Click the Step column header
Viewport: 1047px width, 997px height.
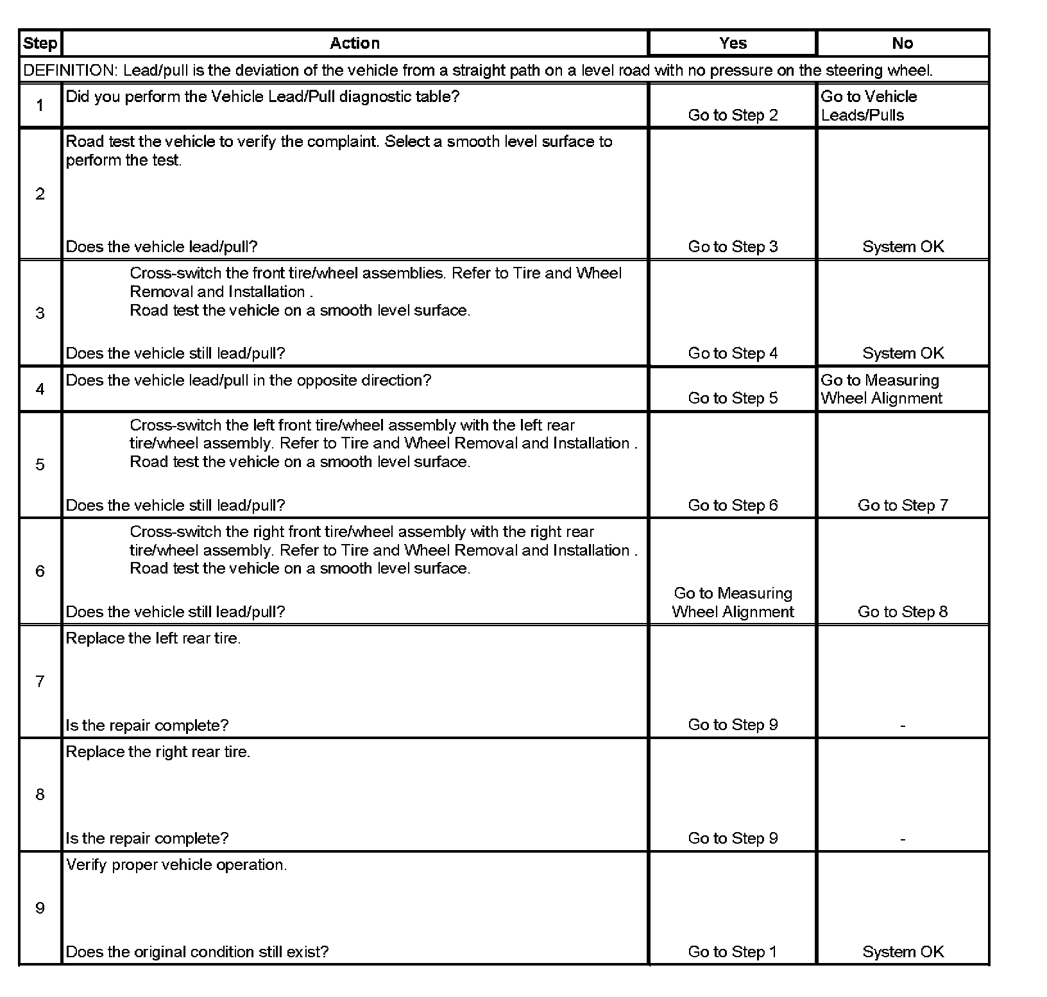(40, 44)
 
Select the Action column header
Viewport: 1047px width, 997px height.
(355, 44)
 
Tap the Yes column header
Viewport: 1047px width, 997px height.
(733, 44)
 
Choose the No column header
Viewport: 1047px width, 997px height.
(902, 44)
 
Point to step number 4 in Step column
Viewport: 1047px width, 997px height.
(40, 389)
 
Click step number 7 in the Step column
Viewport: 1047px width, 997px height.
(40, 681)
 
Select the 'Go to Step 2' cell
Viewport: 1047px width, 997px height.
(733, 115)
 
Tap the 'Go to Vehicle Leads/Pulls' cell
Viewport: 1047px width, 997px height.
(869, 106)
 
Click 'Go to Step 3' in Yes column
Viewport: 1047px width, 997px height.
(733, 247)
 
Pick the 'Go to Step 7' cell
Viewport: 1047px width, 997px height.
(903, 506)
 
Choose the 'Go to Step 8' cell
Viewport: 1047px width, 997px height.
(903, 612)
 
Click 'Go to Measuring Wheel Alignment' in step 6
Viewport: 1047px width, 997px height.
(733, 602)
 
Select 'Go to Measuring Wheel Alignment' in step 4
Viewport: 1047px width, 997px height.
(881, 389)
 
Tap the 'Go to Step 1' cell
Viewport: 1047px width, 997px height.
(733, 952)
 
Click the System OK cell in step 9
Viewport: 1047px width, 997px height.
(903, 952)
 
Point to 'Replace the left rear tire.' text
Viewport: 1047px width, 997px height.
(153, 639)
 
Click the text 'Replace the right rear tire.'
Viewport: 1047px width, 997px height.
(158, 752)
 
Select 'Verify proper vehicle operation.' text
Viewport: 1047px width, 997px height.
(176, 865)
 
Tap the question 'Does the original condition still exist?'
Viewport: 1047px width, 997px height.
(197, 952)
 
